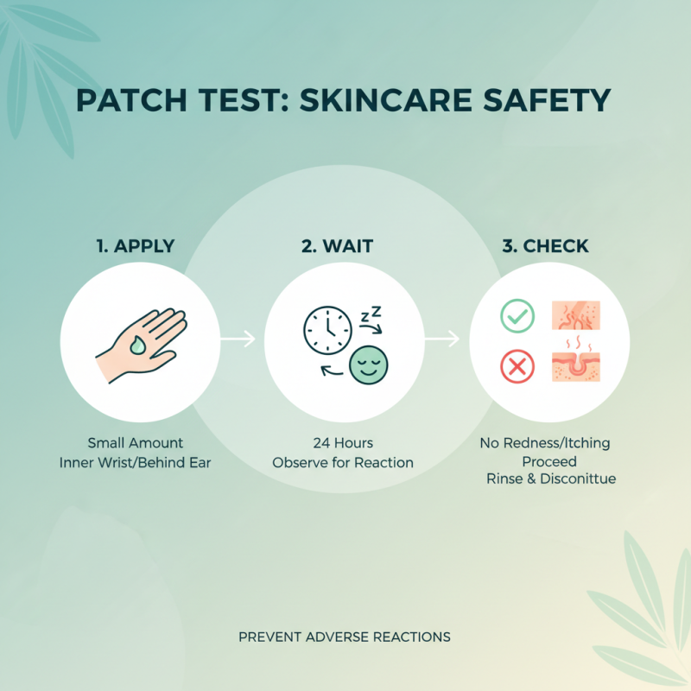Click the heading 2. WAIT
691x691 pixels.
337,246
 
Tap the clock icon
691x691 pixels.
327,330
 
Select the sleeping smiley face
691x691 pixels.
369,365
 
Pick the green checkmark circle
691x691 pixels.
517,316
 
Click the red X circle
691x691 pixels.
517,368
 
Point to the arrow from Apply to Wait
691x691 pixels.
238,340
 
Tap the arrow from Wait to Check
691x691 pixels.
442,340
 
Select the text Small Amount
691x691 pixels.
136,443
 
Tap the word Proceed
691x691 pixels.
549,461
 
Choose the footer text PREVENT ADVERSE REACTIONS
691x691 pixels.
345,637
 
